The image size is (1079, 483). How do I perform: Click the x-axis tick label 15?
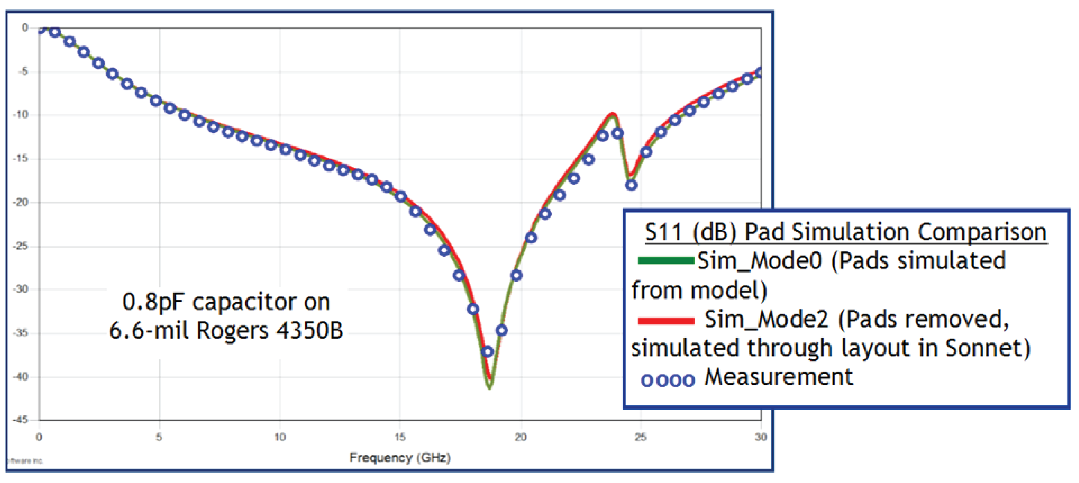(x=400, y=437)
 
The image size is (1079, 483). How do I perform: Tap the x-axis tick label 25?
(x=640, y=437)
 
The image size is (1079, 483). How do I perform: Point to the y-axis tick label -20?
(x=20, y=202)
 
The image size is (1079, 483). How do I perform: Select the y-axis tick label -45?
(x=20, y=420)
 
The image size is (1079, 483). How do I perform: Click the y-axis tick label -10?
(x=20, y=115)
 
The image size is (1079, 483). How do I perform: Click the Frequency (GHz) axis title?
(x=400, y=458)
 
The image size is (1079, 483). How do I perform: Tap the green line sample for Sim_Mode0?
(x=665, y=260)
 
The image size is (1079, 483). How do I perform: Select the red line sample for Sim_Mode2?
(x=665, y=321)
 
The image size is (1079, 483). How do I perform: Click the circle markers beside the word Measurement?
(x=667, y=380)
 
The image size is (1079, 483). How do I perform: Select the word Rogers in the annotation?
(x=233, y=331)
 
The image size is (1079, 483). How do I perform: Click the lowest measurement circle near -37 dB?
(x=487, y=352)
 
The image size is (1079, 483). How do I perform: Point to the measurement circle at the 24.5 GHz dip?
(x=631, y=185)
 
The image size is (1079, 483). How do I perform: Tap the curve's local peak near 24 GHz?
(x=613, y=115)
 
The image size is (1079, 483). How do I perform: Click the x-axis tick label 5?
(x=159, y=437)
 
